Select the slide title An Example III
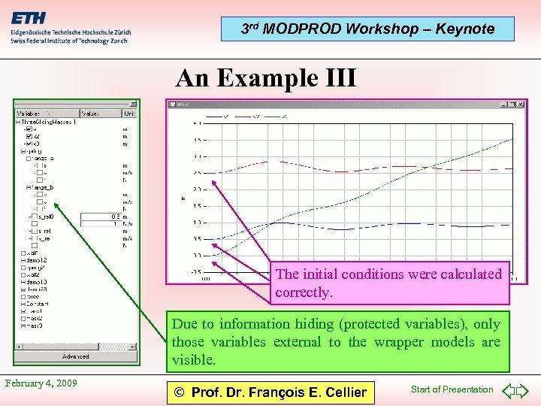[x=266, y=78]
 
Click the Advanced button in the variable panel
[x=75, y=356]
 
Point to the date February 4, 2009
[x=41, y=383]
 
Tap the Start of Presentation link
[x=452, y=389]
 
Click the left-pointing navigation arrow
[x=508, y=390]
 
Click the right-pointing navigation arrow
[x=524, y=390]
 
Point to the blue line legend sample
[x=213, y=117]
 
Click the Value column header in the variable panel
[x=89, y=114]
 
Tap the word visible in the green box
[x=194, y=360]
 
